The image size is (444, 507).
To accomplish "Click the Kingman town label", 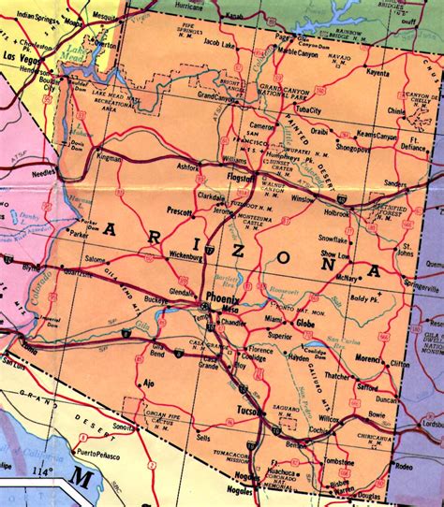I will point(110,158).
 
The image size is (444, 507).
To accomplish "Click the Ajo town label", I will point(147,384).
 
